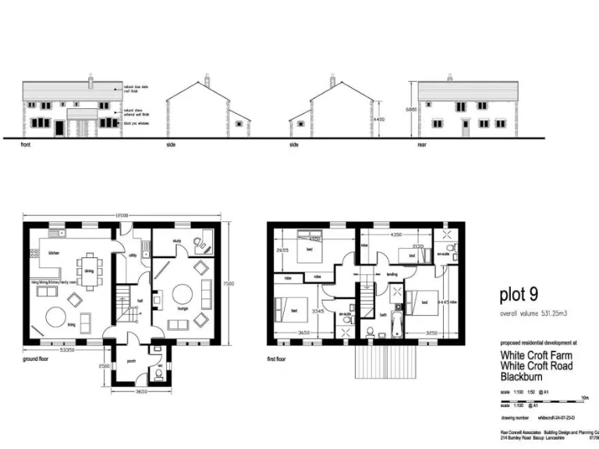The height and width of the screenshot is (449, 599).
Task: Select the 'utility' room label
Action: click(x=133, y=255)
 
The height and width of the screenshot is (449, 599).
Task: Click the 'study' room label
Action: click(x=177, y=242)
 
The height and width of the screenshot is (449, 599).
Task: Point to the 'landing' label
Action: click(x=392, y=275)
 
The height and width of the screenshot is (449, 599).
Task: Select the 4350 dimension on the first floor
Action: click(x=395, y=234)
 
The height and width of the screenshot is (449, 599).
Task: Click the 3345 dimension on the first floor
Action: click(x=318, y=310)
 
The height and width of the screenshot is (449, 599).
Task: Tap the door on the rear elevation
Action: click(x=466, y=127)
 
